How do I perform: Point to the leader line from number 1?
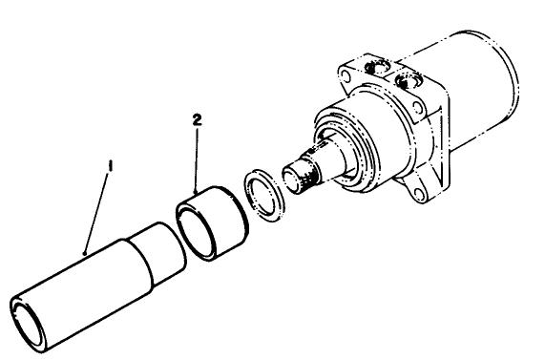98,210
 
